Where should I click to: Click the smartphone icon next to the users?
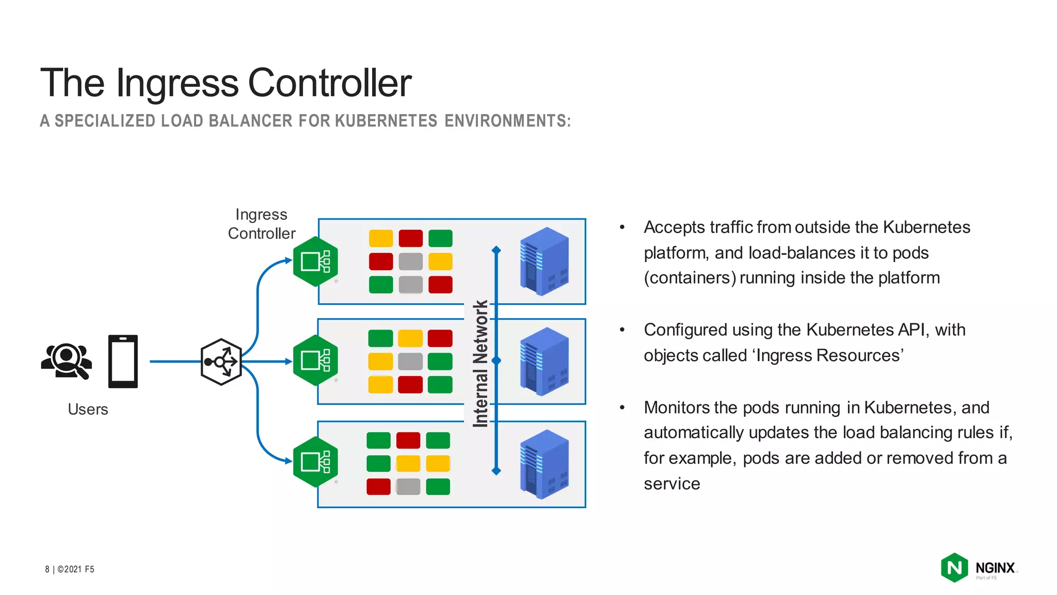123,361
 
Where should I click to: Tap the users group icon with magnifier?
67,361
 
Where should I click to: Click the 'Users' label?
88,409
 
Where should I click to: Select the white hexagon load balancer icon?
221,362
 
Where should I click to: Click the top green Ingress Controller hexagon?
315,261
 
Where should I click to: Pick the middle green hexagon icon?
315,361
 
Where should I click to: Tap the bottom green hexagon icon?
315,462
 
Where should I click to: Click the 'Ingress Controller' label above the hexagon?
262,224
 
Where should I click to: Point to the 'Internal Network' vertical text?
481,364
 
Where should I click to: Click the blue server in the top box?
544,261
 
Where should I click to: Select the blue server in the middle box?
544,361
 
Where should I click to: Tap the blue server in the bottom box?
544,463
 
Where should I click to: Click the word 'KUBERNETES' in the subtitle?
386,121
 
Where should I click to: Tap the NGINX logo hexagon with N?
954,568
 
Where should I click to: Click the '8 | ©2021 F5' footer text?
70,569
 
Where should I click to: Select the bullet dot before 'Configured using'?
622,330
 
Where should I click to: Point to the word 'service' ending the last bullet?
671,483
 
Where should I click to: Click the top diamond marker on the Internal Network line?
497,250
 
